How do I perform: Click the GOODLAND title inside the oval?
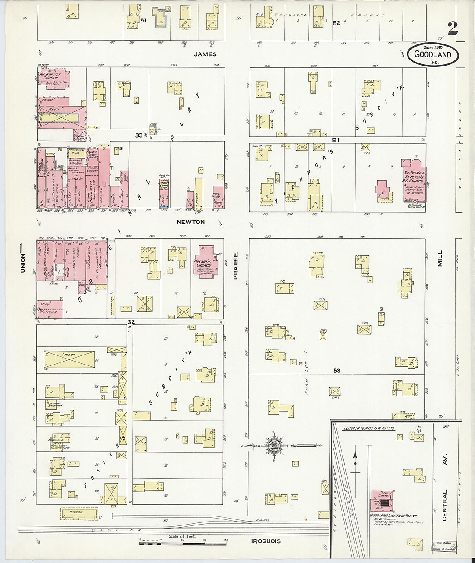pos(433,54)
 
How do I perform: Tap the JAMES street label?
pos(205,54)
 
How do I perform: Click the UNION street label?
pos(23,262)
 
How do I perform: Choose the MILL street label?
pos(440,258)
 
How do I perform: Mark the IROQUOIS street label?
pos(266,541)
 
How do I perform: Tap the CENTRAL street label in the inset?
pos(445,505)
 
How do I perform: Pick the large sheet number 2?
pos(452,29)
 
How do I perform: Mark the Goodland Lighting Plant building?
pos(382,500)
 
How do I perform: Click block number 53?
pos(337,371)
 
